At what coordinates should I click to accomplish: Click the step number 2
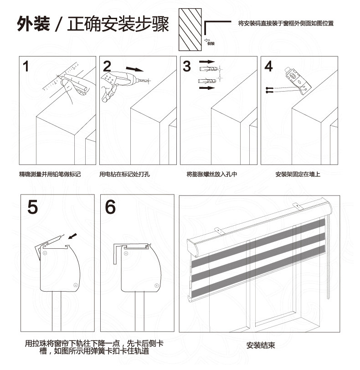(x=108, y=67)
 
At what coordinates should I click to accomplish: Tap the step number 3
(x=187, y=67)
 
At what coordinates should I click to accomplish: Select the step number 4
(x=268, y=66)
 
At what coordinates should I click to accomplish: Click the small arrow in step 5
(x=71, y=236)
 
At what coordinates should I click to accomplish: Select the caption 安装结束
(x=261, y=345)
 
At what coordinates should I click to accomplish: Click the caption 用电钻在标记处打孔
(x=124, y=174)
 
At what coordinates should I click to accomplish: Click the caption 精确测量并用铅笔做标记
(x=50, y=174)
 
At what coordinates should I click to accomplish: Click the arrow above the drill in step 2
(x=134, y=69)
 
